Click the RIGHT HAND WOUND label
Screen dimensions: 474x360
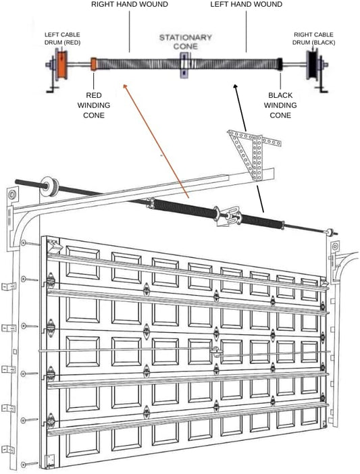[x=129, y=5]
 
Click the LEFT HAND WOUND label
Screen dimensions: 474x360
[x=246, y=5]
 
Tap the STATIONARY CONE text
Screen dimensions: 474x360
[x=185, y=41]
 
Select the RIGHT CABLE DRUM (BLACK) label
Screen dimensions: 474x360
[x=314, y=38]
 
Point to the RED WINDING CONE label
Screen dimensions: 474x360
[x=94, y=105]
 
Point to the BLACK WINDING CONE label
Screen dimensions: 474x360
[x=280, y=105]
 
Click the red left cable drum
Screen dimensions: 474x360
[x=60, y=66]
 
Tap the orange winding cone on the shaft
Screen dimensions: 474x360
[x=94, y=65]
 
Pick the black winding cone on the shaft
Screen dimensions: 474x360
[x=276, y=65]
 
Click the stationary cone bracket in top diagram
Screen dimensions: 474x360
[x=183, y=66]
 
